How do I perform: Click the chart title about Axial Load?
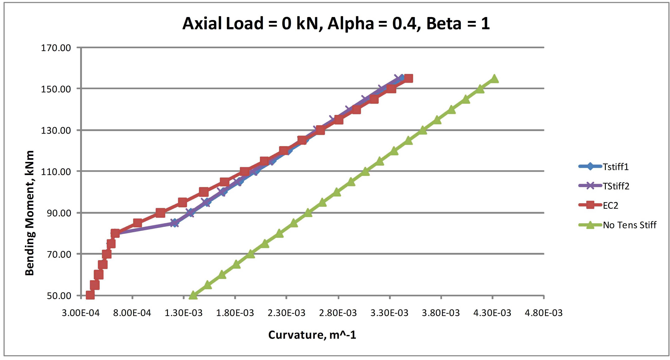[x=336, y=23]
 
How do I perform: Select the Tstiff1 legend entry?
[x=616, y=167]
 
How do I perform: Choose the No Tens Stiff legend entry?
[x=629, y=225]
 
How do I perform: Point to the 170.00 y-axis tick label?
[x=56, y=48]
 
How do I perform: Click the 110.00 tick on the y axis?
[x=56, y=172]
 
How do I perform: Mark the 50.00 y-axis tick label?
[x=59, y=296]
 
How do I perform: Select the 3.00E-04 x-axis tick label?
[x=81, y=313]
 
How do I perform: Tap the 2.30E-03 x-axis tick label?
[x=286, y=313]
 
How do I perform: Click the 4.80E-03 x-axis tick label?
[x=544, y=313]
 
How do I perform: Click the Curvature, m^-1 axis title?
[x=312, y=335]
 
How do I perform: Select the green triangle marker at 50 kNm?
[x=193, y=295]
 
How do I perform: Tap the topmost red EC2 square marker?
[x=408, y=78]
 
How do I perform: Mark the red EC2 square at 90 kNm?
[x=160, y=213]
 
